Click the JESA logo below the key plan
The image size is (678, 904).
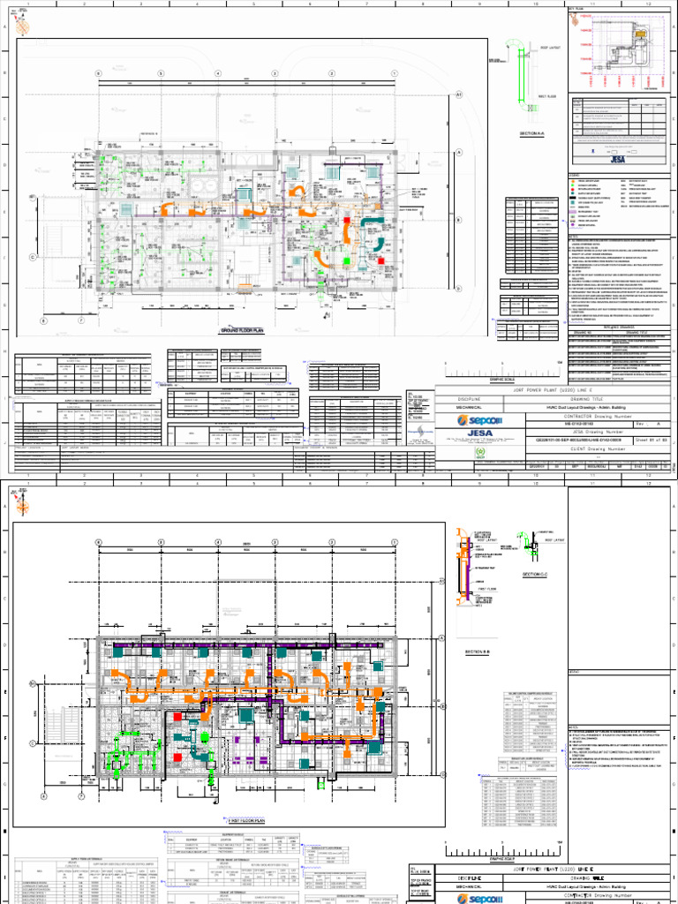point(614,160)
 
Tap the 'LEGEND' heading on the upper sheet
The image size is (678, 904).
point(576,175)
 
